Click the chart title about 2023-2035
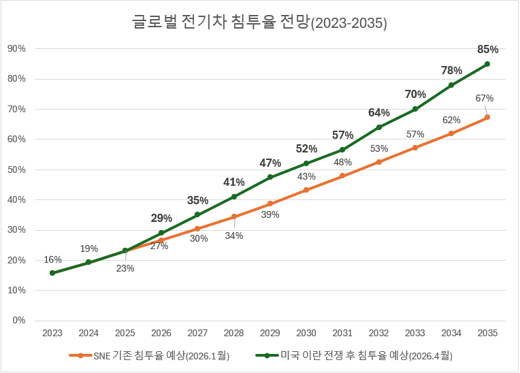[x=259, y=22]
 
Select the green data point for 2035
[x=487, y=64]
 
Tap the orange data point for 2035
[x=487, y=118]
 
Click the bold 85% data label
[x=487, y=49]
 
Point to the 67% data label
[x=485, y=98]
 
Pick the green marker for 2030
[x=306, y=163]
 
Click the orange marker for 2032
[x=379, y=162]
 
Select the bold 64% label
[x=379, y=113]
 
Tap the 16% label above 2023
[x=52, y=259]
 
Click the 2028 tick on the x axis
[x=233, y=334]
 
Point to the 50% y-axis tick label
[x=16, y=169]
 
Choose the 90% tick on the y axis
[x=16, y=48]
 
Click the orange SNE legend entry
[x=149, y=355]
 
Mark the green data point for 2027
[x=197, y=214]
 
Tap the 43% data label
[x=307, y=176]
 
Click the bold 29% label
[x=161, y=218]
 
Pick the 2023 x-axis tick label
[x=52, y=334]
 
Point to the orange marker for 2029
[x=270, y=204]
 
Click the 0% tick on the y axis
[x=18, y=321]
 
